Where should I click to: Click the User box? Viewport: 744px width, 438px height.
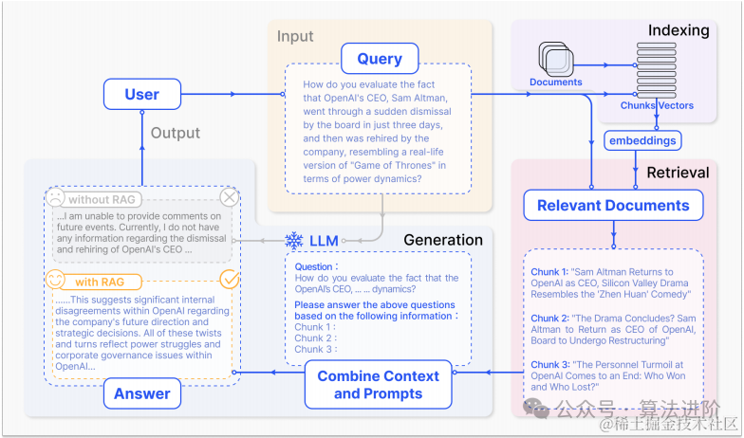pyautogui.click(x=141, y=95)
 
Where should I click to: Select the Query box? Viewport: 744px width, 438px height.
pyautogui.click(x=380, y=59)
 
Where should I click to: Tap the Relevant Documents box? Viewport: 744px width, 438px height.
pyautogui.click(x=613, y=206)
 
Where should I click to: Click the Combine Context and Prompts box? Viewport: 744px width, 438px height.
pyautogui.click(x=378, y=384)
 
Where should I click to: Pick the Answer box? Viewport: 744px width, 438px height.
pyautogui.click(x=142, y=392)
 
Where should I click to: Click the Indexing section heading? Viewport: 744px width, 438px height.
pyautogui.click(x=679, y=30)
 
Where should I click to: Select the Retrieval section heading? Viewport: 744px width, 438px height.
pyautogui.click(x=678, y=173)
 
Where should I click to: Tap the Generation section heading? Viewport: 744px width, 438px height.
pyautogui.click(x=443, y=239)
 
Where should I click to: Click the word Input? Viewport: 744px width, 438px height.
pyautogui.click(x=295, y=37)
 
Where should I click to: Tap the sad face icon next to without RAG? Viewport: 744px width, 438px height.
pyautogui.click(x=56, y=199)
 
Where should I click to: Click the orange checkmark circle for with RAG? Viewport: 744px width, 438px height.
pyautogui.click(x=230, y=280)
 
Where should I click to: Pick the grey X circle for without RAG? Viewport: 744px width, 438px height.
pyautogui.click(x=230, y=198)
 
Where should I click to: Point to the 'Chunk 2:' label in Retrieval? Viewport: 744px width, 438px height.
pyautogui.click(x=551, y=319)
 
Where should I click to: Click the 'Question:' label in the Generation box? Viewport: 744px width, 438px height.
pyautogui.click(x=314, y=267)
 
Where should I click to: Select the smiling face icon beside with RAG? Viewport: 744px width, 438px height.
pyautogui.click(x=56, y=281)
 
